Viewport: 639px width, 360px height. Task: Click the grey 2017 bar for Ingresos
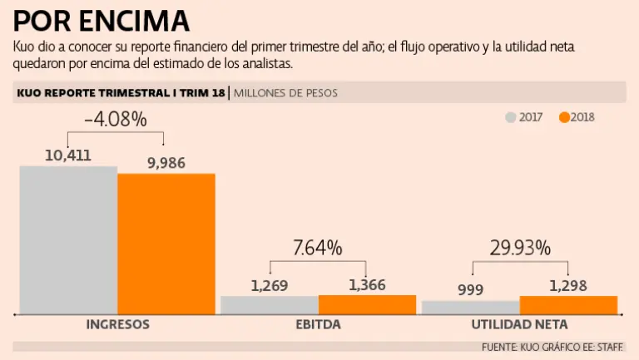[x=68, y=239]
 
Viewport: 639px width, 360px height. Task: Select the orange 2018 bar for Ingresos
[x=166, y=244]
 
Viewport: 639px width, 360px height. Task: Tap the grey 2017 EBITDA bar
[x=269, y=305]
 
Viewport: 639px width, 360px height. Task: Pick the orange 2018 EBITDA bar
[x=367, y=304]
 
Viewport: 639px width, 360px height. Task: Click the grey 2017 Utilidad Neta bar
[x=470, y=307]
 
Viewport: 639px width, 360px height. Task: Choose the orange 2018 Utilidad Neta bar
[x=568, y=305]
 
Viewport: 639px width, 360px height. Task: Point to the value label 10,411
[x=68, y=155]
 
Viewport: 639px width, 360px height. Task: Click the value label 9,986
[x=166, y=162]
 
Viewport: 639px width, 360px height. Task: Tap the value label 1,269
[x=269, y=286]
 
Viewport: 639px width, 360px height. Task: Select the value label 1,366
[x=367, y=285]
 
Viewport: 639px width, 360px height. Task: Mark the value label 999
[x=470, y=289]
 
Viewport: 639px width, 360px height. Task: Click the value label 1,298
[x=568, y=286]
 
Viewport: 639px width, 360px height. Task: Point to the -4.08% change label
[x=116, y=120]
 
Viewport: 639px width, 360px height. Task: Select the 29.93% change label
[x=519, y=247]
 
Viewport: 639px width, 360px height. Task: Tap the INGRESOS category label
[x=117, y=324]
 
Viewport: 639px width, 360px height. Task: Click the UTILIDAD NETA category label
[x=519, y=324]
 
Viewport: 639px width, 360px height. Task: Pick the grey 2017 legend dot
[x=511, y=117]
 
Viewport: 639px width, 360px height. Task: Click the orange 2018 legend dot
[x=564, y=117]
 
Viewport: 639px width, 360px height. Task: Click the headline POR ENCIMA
[x=101, y=20]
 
